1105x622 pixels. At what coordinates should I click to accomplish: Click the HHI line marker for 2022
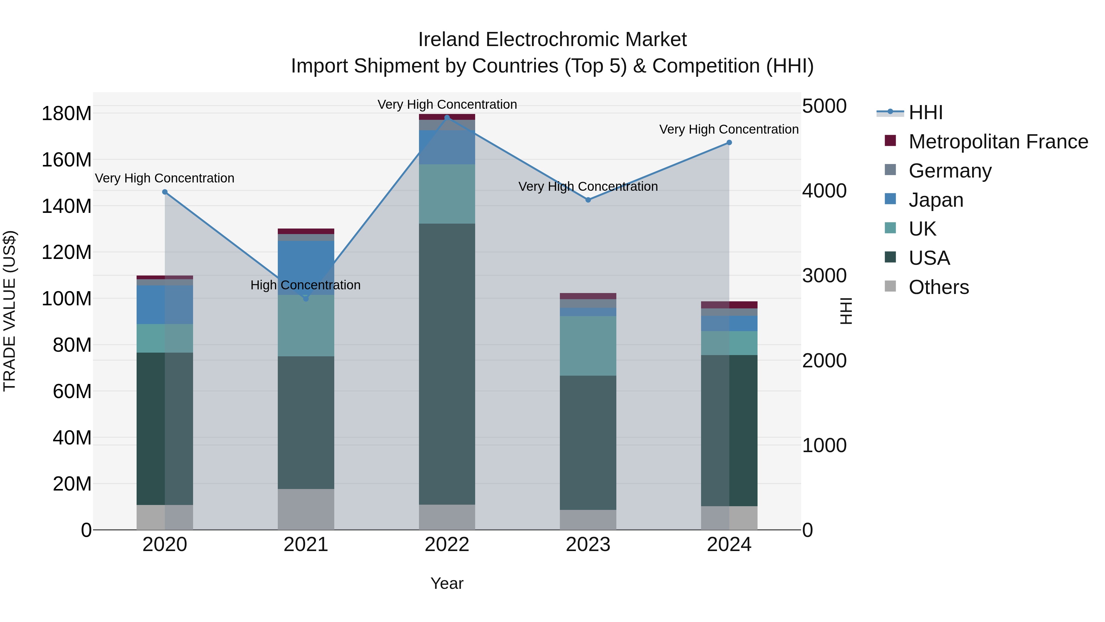point(447,118)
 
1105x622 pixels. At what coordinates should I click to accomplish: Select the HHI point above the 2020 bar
point(165,192)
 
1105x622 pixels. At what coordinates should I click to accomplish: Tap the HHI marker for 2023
point(588,200)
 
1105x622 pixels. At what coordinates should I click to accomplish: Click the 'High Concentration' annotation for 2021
point(305,285)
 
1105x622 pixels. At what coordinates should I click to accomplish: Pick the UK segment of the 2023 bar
point(588,346)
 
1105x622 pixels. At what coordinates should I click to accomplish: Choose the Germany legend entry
point(950,171)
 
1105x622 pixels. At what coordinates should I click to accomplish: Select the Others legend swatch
point(890,286)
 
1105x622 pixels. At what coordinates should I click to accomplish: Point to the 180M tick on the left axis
point(67,114)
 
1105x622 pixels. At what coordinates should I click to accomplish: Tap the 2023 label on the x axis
point(588,545)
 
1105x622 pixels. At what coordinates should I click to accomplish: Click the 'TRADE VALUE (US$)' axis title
point(10,311)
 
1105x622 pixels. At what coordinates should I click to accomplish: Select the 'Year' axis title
point(447,583)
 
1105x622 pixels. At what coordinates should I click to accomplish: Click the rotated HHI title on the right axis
point(846,311)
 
